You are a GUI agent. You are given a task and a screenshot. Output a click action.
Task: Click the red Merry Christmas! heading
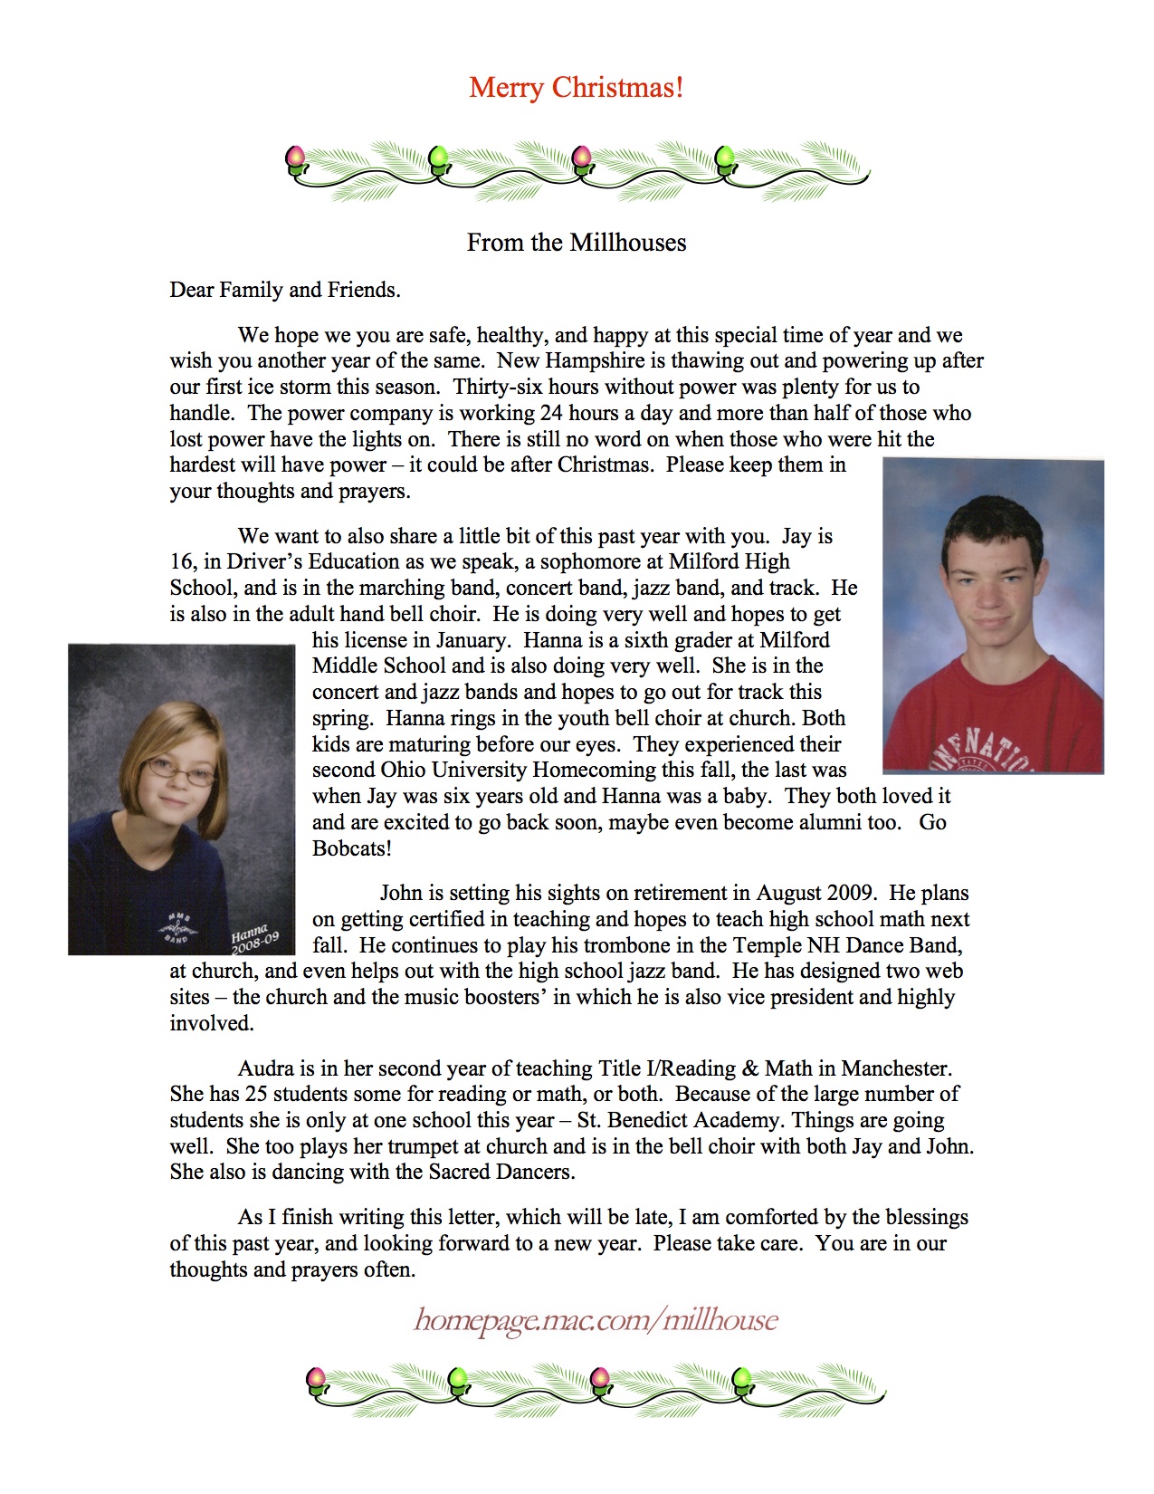click(x=577, y=88)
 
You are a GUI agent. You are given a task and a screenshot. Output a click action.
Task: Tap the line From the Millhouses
click(x=577, y=243)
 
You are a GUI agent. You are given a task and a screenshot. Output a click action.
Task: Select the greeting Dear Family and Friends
click(x=285, y=290)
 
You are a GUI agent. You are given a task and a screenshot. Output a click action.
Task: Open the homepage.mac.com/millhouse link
click(x=596, y=1319)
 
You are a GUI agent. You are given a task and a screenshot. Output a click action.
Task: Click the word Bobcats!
click(x=352, y=848)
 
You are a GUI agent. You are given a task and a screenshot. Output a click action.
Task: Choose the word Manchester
click(x=895, y=1068)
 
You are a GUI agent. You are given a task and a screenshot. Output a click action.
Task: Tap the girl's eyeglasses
click(x=182, y=771)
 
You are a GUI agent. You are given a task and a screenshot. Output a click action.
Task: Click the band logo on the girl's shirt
click(x=177, y=926)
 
